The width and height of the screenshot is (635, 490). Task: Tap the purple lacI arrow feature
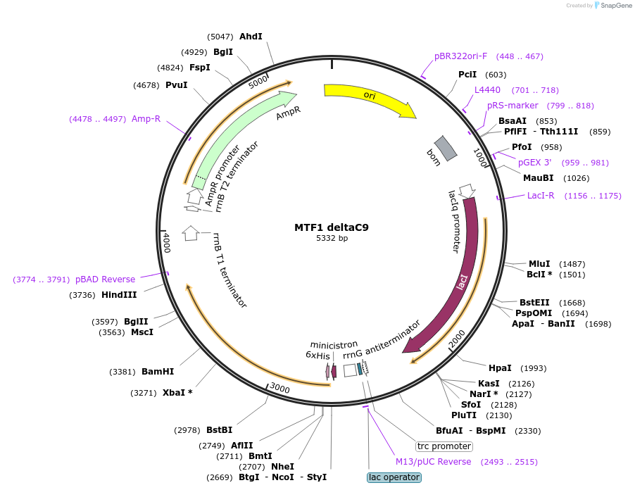click(x=461, y=282)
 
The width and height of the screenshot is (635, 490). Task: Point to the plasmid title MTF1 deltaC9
click(x=332, y=227)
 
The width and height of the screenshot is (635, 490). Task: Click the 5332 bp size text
click(x=332, y=239)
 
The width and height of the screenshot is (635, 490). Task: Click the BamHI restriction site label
click(x=158, y=371)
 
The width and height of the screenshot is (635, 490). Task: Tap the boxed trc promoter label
click(x=444, y=446)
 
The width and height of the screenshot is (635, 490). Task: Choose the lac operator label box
click(x=394, y=477)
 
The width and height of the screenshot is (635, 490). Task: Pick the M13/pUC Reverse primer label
click(x=433, y=462)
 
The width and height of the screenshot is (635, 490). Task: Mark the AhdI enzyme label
click(x=251, y=36)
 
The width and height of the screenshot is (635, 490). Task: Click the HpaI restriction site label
click(x=500, y=368)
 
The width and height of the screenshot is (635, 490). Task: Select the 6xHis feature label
click(x=317, y=356)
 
